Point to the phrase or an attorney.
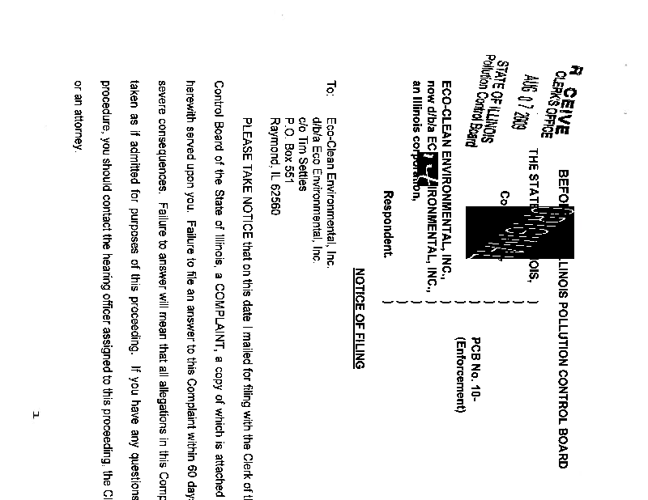(x=79, y=114)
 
